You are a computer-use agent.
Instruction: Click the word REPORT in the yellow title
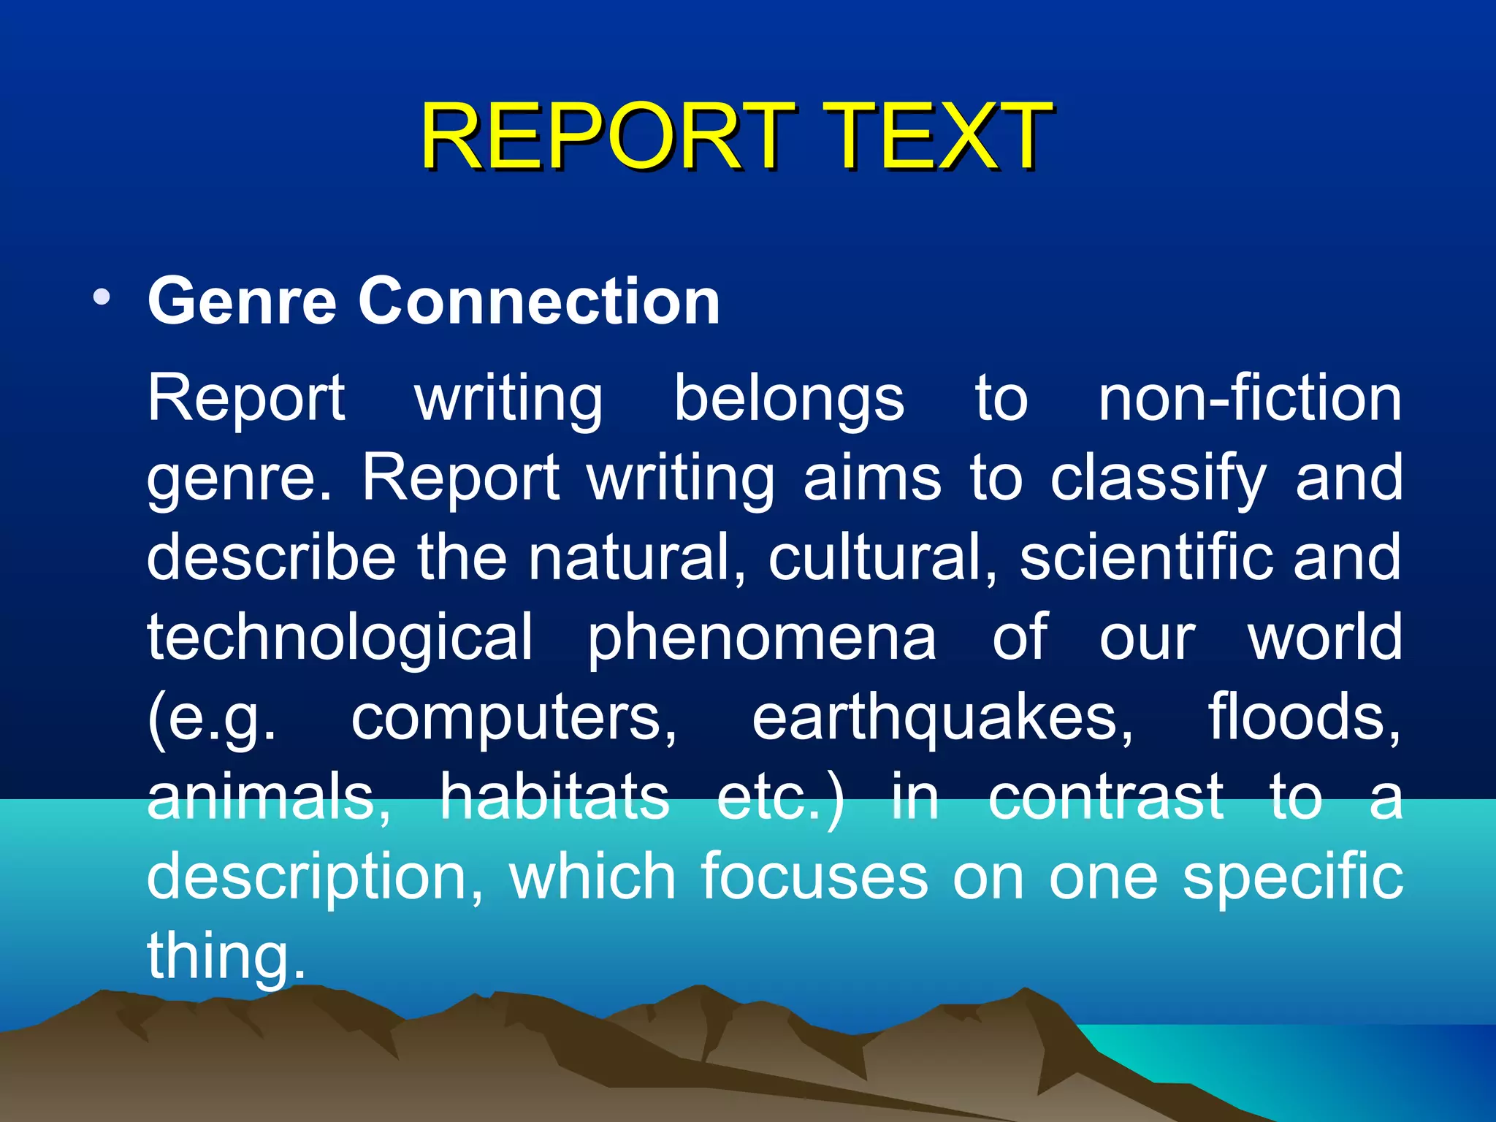[606, 137]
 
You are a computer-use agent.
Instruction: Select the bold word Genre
[241, 301]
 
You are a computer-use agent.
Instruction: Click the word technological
[340, 638]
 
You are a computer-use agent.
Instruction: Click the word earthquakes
[942, 717]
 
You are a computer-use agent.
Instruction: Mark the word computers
[514, 717]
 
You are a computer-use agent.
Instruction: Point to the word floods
[1305, 717]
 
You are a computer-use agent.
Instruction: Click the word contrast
[1106, 797]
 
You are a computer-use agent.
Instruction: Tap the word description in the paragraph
[315, 877]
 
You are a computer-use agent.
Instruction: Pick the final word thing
[225, 956]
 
